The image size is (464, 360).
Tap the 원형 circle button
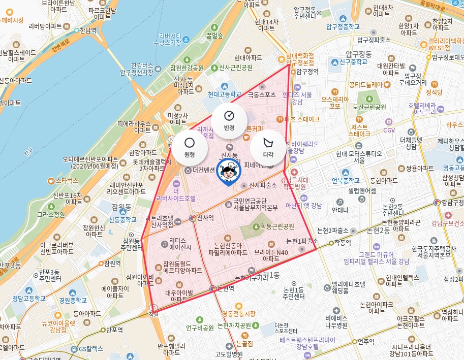(x=189, y=148)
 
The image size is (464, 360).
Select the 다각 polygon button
(x=268, y=148)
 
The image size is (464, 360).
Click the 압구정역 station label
(x=307, y=72)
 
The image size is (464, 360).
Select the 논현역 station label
(x=225, y=288)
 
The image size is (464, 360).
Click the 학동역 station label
(x=342, y=243)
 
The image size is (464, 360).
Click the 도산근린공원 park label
(x=369, y=107)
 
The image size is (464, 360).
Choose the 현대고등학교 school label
(x=224, y=94)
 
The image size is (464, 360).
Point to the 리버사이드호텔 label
(x=176, y=198)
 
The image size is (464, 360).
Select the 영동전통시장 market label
(x=239, y=313)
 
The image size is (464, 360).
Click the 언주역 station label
(x=365, y=341)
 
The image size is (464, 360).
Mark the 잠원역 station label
(x=112, y=263)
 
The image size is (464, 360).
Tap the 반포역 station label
(x=114, y=330)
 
